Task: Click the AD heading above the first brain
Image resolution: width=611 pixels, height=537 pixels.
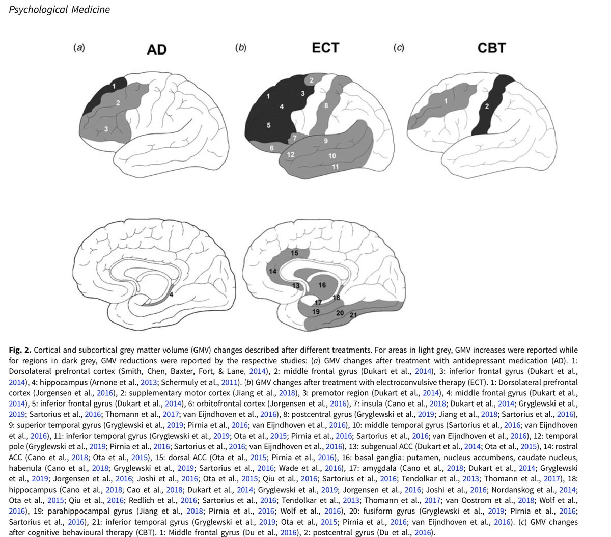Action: (156, 49)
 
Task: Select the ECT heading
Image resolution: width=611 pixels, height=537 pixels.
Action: (325, 48)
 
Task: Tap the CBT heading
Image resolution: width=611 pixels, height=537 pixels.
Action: (491, 48)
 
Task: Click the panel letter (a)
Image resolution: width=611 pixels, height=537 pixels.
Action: (78, 48)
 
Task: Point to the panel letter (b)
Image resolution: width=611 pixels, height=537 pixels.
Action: (240, 48)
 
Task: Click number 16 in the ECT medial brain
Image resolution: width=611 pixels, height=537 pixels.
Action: (322, 285)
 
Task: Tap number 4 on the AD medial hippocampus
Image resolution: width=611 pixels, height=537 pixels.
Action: (171, 294)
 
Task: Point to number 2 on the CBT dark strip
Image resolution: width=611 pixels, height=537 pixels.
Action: (486, 106)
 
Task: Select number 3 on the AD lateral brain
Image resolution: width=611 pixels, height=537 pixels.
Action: (106, 129)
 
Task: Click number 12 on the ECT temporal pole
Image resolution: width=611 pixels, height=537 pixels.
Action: (291, 154)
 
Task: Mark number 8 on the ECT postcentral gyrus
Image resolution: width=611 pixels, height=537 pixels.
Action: (326, 105)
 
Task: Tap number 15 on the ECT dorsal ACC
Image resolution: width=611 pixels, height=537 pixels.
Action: (294, 253)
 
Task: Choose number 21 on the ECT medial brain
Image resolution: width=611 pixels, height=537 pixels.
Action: (353, 316)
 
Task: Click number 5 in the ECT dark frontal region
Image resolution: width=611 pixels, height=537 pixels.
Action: (269, 125)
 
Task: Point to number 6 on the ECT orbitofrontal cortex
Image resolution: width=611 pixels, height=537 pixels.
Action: (272, 148)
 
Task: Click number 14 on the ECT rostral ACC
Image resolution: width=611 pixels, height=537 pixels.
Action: (272, 272)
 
